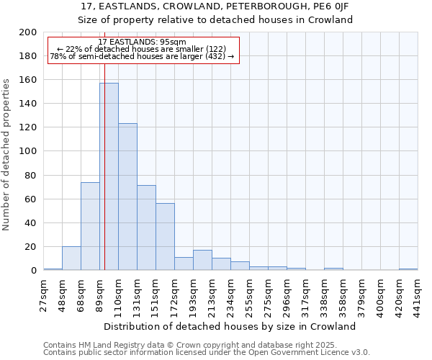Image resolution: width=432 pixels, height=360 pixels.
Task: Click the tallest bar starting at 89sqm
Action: pyautogui.click(x=109, y=176)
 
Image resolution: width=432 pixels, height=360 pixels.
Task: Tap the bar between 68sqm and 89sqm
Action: pyautogui.click(x=90, y=226)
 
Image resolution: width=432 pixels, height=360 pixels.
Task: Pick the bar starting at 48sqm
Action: pyautogui.click(x=71, y=258)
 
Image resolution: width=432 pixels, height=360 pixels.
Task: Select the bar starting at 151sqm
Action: pyautogui.click(x=165, y=237)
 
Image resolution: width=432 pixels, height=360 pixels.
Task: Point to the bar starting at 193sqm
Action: pyautogui.click(x=202, y=261)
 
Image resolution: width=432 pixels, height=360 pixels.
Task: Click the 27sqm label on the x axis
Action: pyautogui.click(x=43, y=294)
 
